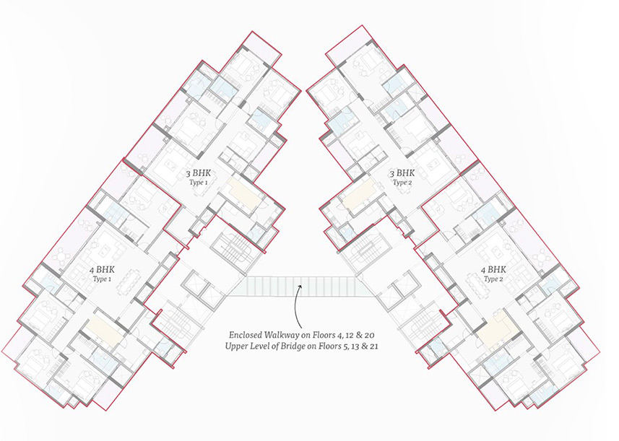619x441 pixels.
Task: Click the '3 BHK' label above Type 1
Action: (199, 173)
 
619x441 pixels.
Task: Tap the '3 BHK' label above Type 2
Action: (402, 173)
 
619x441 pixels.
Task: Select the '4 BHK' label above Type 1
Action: (102, 270)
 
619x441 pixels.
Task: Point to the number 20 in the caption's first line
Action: (369, 335)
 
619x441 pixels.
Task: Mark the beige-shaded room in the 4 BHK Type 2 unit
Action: (499, 327)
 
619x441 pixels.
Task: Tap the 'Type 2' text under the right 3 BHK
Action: (402, 182)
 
